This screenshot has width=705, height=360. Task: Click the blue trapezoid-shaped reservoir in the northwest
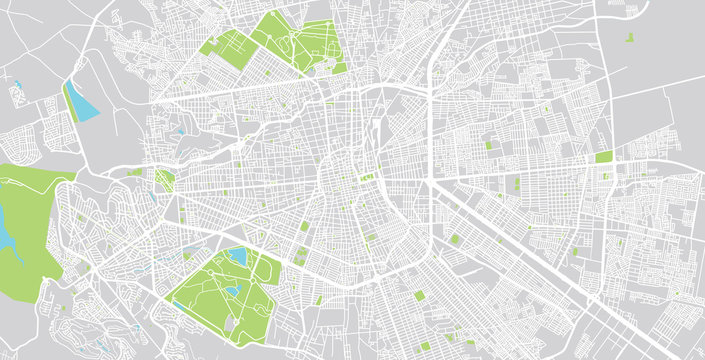tap(82, 100)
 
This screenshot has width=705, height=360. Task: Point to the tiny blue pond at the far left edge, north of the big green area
tap(17, 84)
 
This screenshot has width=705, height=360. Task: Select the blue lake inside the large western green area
tap(6, 236)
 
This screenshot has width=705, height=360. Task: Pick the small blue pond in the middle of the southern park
tap(231, 291)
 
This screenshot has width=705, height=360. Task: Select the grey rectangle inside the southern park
tap(232, 325)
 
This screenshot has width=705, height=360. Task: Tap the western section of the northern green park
tap(227, 48)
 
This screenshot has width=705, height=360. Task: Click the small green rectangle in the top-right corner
tap(631, 38)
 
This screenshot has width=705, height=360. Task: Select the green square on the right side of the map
tap(603, 157)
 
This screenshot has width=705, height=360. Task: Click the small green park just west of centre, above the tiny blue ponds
tap(165, 180)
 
